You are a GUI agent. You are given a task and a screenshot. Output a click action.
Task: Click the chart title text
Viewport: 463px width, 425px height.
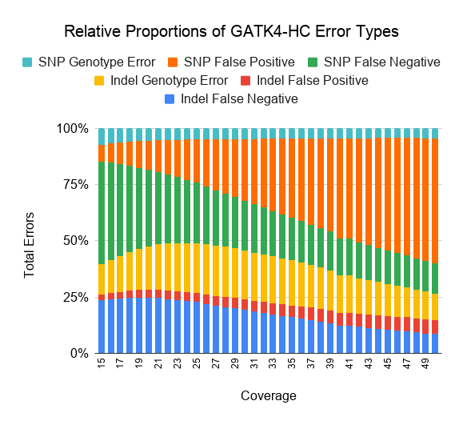232,31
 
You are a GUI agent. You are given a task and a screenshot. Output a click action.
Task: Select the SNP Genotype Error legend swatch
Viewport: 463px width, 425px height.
27,62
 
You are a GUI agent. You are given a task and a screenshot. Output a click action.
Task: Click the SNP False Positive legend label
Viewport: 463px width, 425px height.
239,62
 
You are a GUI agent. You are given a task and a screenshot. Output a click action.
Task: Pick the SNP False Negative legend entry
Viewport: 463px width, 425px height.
373,62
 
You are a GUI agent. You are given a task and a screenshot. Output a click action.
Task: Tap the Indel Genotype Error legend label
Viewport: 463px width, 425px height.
169,80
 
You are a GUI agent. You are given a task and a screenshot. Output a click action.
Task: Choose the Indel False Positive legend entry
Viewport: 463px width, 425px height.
305,80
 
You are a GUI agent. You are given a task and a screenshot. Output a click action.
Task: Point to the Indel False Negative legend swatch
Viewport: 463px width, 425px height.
170,99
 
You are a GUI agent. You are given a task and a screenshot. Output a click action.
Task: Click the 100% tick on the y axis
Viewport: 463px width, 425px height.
72,129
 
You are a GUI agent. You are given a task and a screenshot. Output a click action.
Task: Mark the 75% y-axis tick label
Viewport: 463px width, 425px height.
76,185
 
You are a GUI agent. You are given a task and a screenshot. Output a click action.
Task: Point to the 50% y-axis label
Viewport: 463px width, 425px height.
76,241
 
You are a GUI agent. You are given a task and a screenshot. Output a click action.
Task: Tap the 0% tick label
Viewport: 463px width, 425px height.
79,353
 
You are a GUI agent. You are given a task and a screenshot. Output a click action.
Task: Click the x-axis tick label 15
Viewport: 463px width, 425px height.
101,363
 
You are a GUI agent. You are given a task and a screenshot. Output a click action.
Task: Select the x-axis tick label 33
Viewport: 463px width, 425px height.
273,363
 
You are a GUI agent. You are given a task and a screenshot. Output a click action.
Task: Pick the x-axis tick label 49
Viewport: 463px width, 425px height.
425,363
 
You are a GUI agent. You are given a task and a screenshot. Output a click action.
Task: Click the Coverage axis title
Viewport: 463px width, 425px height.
269,395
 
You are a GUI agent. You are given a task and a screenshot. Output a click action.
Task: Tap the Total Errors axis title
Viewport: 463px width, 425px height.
29,245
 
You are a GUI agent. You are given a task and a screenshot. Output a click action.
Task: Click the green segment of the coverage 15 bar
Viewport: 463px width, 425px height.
102,213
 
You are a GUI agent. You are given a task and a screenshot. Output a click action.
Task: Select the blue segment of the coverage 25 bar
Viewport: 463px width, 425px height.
197,327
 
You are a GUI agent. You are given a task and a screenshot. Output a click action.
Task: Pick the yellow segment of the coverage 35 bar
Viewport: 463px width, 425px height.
292,283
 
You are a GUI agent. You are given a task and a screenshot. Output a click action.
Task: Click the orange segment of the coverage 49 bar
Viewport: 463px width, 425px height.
425,200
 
